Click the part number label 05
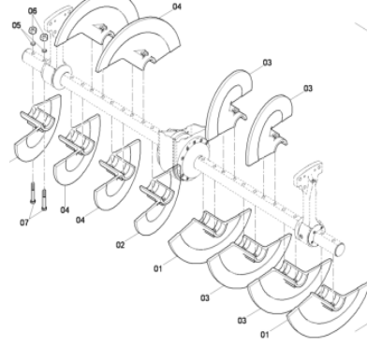coord(16,25)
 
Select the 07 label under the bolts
coord(25,223)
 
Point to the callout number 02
coord(120,245)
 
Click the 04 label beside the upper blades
coord(177,7)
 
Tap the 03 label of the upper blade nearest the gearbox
coord(267,63)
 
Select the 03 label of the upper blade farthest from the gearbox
coord(307,90)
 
